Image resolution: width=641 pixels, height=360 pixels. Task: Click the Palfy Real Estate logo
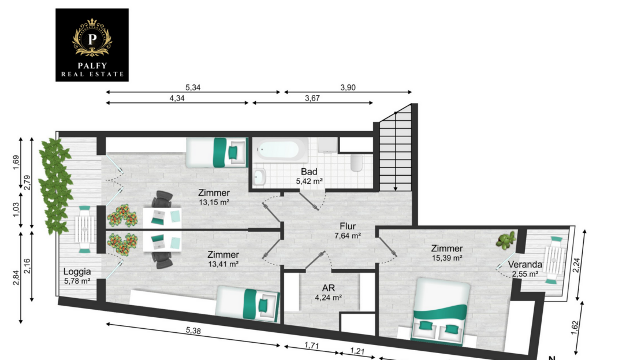tap(92, 45)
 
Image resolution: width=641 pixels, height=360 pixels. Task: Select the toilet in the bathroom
tap(356, 163)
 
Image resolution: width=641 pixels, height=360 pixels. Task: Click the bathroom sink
tap(260, 177)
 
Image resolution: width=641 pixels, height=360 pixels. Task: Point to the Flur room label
tap(348, 226)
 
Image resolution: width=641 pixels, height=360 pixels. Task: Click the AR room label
tap(328, 288)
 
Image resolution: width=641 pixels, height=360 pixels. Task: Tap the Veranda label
tap(525, 265)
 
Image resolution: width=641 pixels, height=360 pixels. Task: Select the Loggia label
tap(77, 272)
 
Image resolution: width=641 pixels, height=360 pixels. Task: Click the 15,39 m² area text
tap(447, 258)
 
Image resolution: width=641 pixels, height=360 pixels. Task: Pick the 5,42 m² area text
tap(310, 181)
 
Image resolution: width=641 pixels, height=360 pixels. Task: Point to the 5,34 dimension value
tap(193, 88)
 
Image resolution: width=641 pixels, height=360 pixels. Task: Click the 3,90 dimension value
tap(348, 88)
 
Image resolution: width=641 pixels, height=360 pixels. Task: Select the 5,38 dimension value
tap(193, 331)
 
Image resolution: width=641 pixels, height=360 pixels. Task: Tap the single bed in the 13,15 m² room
tap(217, 152)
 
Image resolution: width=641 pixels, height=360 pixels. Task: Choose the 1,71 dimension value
tap(311, 346)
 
